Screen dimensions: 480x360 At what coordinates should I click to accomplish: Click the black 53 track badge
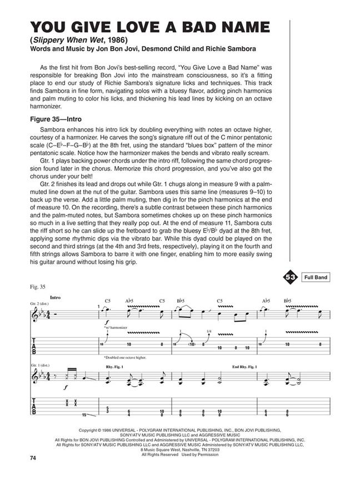pyautogui.click(x=290, y=276)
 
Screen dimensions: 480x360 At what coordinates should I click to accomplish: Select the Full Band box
pyautogui.click(x=313, y=276)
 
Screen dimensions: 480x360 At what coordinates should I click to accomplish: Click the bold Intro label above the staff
pyautogui.click(x=55, y=298)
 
